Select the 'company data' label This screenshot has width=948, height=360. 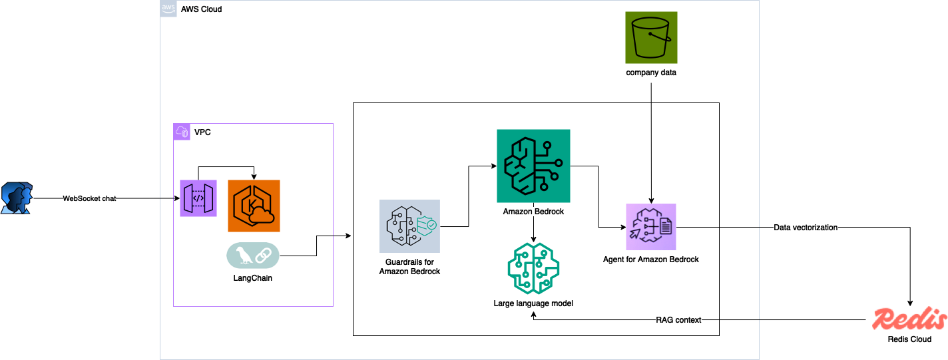point(651,73)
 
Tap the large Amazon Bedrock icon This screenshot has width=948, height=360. point(533,166)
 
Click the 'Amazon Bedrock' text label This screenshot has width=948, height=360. point(533,212)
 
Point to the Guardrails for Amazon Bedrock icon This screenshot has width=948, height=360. point(409,226)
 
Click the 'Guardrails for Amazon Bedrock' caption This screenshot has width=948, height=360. point(410,267)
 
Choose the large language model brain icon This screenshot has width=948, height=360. point(533,268)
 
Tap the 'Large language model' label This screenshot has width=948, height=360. point(533,303)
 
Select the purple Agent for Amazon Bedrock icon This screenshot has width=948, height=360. point(650,227)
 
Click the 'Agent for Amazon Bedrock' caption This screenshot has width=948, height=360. point(651,260)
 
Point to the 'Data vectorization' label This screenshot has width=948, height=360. point(806,228)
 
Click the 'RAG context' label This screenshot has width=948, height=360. point(678,320)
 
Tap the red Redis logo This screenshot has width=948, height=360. point(909,319)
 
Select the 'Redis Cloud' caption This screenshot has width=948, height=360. point(910,340)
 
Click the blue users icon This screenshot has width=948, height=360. point(17,198)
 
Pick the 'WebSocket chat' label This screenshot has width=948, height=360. point(89,198)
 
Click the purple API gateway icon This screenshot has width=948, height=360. point(198,198)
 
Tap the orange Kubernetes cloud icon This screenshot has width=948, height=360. point(254,206)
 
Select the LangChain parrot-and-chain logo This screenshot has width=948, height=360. point(253,256)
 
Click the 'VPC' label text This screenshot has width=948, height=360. point(202,132)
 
